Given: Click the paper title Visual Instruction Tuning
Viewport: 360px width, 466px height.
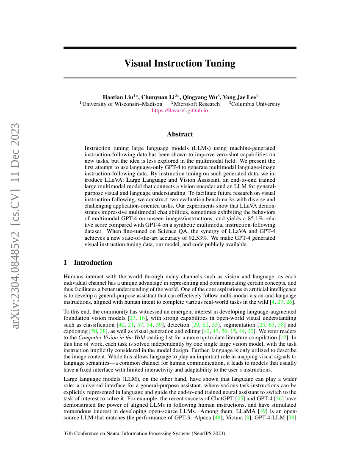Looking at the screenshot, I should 180,64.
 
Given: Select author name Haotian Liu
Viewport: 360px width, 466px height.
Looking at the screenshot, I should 118,97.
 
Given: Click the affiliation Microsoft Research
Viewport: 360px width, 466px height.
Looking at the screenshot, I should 197,104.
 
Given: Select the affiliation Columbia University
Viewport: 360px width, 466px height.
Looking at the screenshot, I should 255,104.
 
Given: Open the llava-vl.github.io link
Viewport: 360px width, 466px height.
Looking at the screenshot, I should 180,111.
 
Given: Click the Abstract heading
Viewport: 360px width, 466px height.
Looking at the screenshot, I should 180,134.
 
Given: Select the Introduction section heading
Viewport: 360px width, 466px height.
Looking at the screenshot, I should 93,263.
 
